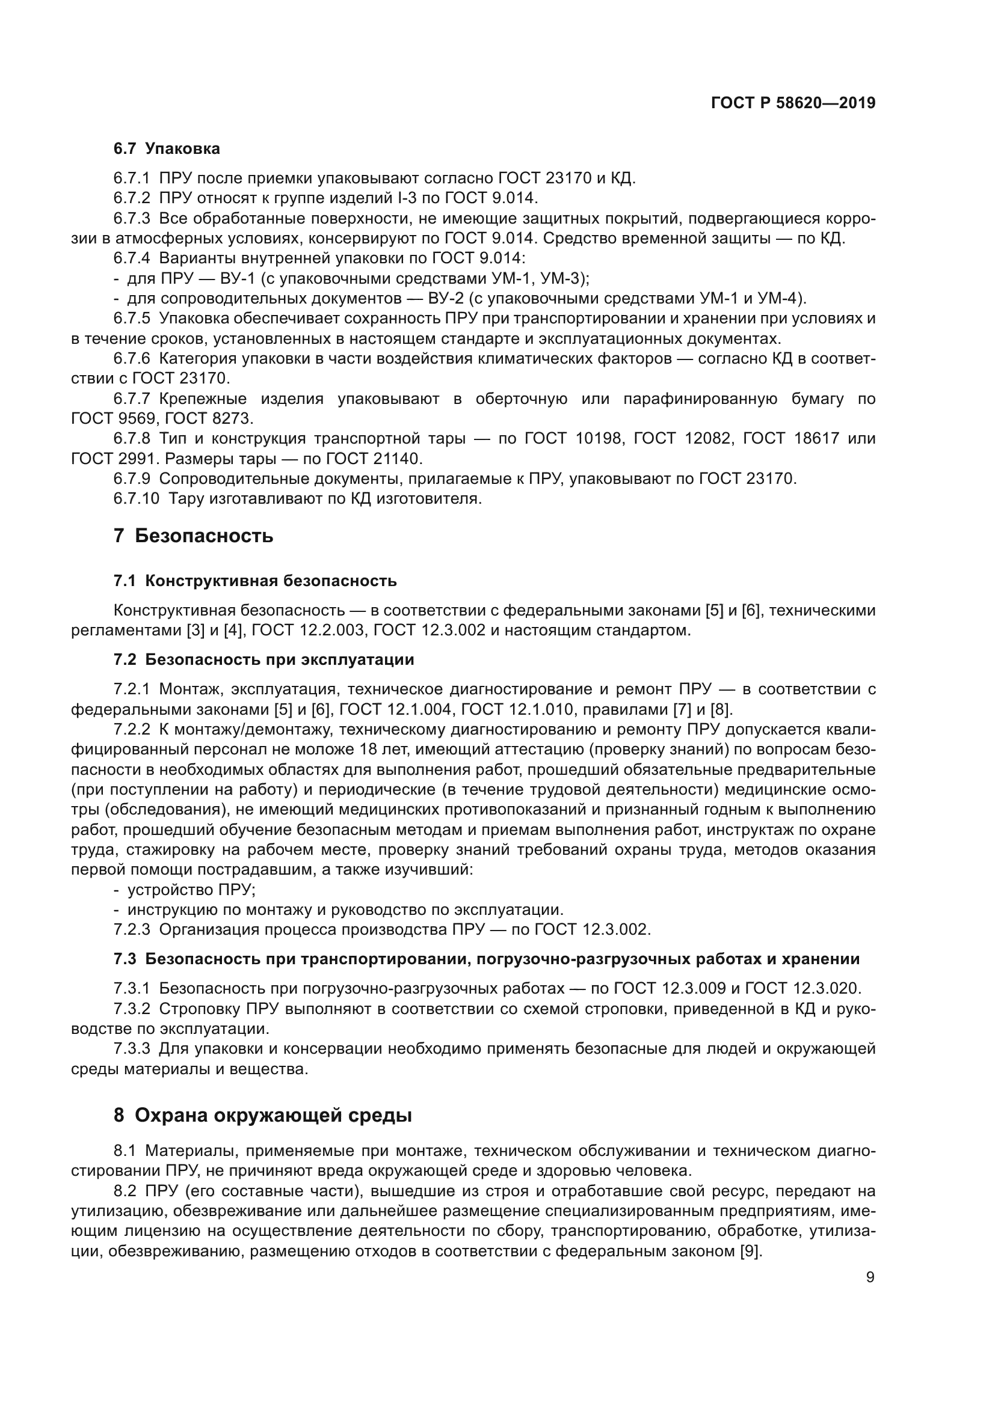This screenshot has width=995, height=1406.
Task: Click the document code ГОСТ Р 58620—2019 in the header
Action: pyautogui.click(x=793, y=103)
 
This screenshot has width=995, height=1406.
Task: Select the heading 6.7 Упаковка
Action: pyautogui.click(x=166, y=149)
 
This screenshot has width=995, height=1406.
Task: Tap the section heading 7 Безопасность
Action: pyautogui.click(x=193, y=536)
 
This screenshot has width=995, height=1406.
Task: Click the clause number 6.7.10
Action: pyautogui.click(x=135, y=498)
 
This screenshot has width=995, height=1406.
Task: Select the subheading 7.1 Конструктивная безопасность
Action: pyautogui.click(x=255, y=581)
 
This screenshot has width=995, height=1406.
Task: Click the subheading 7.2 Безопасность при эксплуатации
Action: pyautogui.click(x=263, y=659)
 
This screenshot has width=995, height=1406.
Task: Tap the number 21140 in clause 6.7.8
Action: pyautogui.click(x=390, y=459)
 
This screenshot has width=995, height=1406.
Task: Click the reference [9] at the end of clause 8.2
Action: pyautogui.click(x=751, y=1252)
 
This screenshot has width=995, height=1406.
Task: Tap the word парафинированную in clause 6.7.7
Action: pyautogui.click(x=700, y=399)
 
